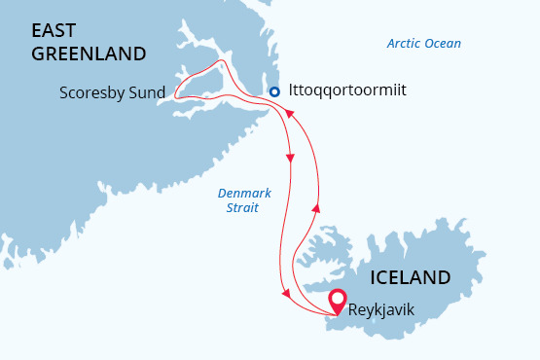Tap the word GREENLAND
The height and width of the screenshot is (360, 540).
[89, 54]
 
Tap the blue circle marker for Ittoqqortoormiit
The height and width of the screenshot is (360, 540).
[274, 91]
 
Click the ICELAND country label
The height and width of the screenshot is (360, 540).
[410, 277]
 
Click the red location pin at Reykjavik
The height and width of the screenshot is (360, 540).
[337, 301]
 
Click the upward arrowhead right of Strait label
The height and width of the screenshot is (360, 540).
[314, 206]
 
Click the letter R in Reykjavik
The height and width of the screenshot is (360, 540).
[353, 310]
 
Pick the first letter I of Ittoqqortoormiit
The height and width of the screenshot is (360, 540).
[292, 91]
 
